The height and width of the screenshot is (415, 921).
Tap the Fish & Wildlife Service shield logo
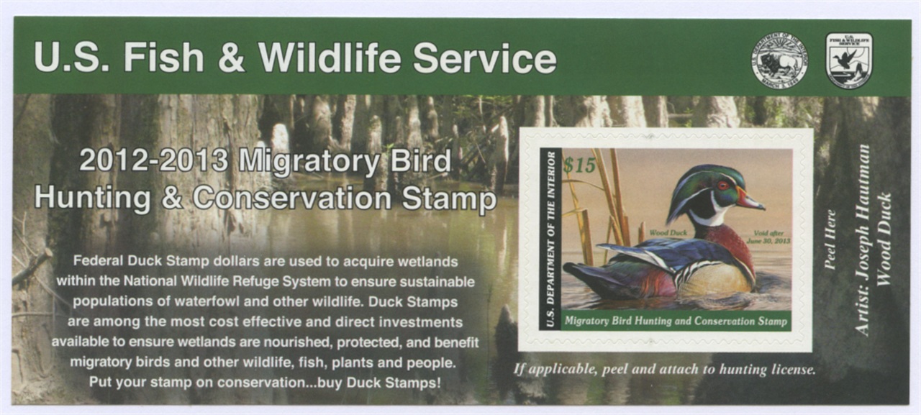click(849, 60)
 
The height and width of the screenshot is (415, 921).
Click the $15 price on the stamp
click(579, 165)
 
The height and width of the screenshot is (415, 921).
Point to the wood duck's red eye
click(723, 186)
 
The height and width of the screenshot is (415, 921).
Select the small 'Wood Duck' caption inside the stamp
click(668, 232)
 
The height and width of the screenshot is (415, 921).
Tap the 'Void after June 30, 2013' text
click(768, 237)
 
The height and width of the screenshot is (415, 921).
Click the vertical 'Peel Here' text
click(830, 240)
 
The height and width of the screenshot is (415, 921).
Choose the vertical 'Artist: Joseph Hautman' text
click(863, 240)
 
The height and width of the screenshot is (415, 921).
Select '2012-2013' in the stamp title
click(153, 160)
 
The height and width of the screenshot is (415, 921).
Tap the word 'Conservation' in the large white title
click(292, 199)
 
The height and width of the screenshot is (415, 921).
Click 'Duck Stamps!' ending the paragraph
click(394, 383)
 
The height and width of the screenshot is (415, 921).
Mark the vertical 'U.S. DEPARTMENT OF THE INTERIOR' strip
click(550, 239)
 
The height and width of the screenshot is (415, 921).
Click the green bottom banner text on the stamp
click(676, 321)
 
